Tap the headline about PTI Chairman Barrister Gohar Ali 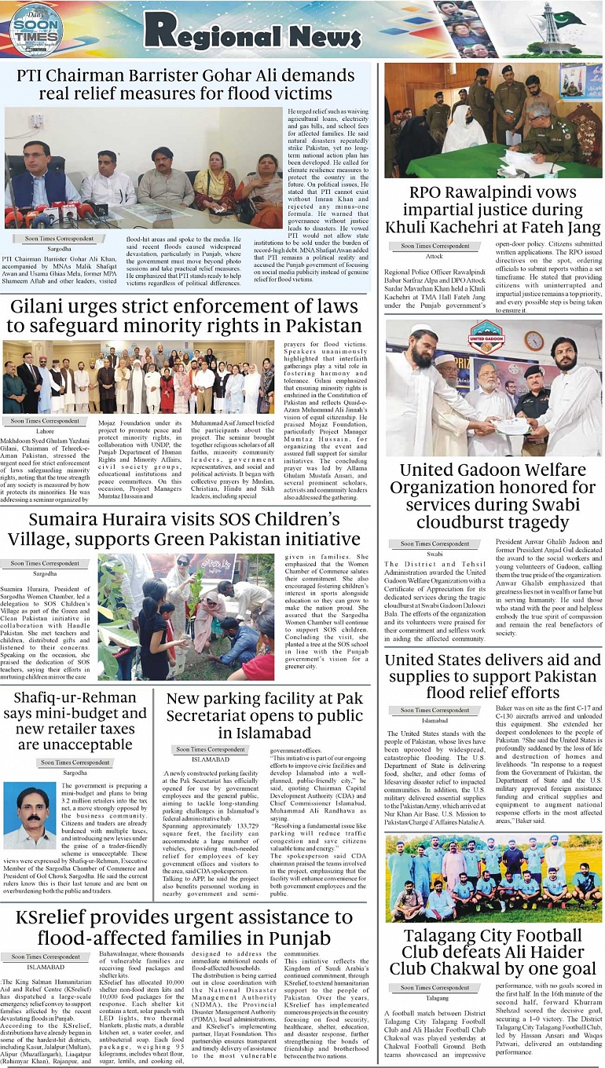click(186, 84)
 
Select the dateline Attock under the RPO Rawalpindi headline click(434, 256)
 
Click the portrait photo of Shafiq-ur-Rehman click(30, 814)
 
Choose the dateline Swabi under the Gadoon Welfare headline click(434, 554)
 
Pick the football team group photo click(493, 878)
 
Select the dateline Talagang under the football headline click(437, 997)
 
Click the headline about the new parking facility click(265, 715)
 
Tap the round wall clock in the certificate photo click(533, 340)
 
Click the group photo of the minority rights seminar click(138, 377)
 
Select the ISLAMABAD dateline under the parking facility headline click(209, 759)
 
